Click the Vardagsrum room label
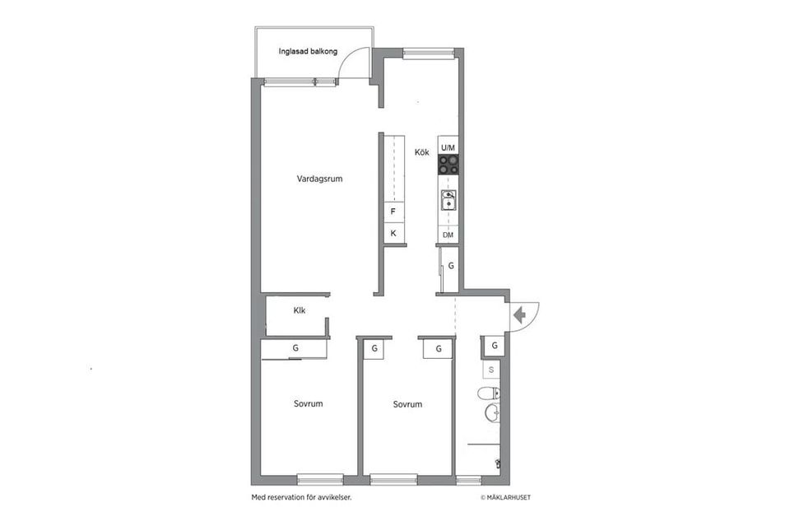(x=319, y=179)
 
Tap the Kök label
(x=421, y=152)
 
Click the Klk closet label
(x=300, y=310)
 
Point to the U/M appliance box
(x=448, y=147)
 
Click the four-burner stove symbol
(x=448, y=165)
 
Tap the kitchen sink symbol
(x=448, y=200)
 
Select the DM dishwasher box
(x=448, y=235)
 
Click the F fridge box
(x=393, y=212)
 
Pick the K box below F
(x=393, y=234)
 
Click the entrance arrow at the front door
(x=519, y=314)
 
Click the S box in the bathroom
(x=491, y=370)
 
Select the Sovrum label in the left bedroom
(x=308, y=403)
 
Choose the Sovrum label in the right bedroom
(x=407, y=404)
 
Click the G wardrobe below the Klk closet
(x=295, y=349)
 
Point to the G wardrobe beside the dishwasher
(x=450, y=267)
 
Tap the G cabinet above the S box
(x=494, y=345)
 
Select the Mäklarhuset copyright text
(x=511, y=497)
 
